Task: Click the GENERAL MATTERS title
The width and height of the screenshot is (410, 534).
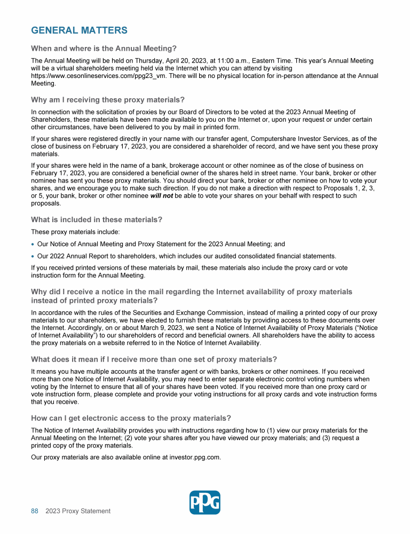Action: (x=79, y=30)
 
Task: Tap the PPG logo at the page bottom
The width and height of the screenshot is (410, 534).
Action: (x=205, y=502)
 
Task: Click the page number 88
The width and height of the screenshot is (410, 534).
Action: (x=35, y=511)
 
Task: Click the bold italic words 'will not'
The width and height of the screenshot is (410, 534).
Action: (x=161, y=196)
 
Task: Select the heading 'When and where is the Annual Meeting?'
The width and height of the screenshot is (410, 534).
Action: (x=104, y=49)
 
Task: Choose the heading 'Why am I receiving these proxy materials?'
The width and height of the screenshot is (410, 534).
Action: (x=108, y=100)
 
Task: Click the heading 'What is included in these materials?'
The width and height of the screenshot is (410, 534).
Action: (x=97, y=219)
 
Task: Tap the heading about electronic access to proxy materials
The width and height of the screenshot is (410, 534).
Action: (x=131, y=418)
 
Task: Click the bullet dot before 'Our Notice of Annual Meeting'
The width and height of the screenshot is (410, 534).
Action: (x=33, y=244)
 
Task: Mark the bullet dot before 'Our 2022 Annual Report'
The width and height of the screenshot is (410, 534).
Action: (x=33, y=256)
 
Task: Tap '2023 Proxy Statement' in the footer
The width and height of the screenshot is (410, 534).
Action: (x=78, y=511)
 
